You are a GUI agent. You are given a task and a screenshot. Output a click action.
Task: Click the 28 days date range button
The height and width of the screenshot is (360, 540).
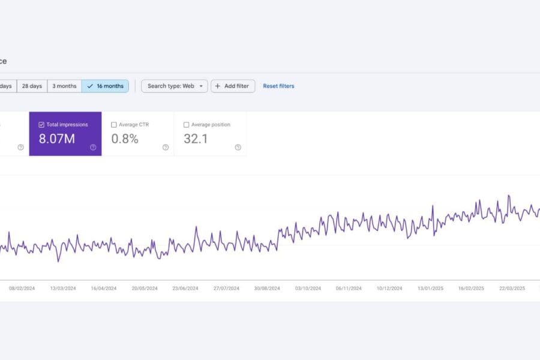pyautogui.click(x=32, y=86)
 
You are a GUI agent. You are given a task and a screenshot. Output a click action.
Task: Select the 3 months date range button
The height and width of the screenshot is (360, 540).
pyautogui.click(x=64, y=86)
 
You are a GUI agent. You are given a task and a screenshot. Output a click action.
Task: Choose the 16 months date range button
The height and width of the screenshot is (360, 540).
pyautogui.click(x=105, y=86)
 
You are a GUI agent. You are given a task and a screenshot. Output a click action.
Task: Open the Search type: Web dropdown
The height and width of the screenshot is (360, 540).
pyautogui.click(x=175, y=86)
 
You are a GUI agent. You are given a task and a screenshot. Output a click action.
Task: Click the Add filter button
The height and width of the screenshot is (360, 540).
pyautogui.click(x=233, y=86)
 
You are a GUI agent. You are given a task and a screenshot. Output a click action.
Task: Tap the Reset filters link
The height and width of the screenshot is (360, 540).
pyautogui.click(x=278, y=86)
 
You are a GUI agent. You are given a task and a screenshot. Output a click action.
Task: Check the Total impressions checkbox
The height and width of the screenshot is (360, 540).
pyautogui.click(x=41, y=125)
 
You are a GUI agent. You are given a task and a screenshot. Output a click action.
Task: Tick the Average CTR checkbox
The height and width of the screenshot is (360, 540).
pyautogui.click(x=114, y=125)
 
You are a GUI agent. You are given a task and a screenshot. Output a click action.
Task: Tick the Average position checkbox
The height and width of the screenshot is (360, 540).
pyautogui.click(x=186, y=125)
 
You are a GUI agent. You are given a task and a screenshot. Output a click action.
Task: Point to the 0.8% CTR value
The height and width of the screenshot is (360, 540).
pyautogui.click(x=125, y=139)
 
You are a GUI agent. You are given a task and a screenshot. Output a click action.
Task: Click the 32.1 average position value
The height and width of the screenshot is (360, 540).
pyautogui.click(x=196, y=139)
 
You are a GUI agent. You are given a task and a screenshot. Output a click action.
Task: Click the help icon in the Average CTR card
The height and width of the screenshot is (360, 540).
pyautogui.click(x=166, y=147)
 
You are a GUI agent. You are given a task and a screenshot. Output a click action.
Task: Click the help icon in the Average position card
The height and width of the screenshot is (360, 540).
pyautogui.click(x=238, y=147)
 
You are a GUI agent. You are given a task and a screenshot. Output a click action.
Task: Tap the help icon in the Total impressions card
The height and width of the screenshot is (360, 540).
pyautogui.click(x=93, y=147)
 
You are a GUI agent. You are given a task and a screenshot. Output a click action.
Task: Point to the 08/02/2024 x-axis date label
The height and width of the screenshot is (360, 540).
pyautogui.click(x=22, y=288)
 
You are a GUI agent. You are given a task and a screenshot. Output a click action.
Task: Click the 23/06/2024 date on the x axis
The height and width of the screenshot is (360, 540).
pyautogui.click(x=185, y=288)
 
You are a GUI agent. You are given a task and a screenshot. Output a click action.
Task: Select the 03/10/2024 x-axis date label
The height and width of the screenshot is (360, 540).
pyautogui.click(x=308, y=288)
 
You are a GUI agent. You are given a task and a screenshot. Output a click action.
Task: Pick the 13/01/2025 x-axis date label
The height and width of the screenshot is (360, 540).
pyautogui.click(x=430, y=288)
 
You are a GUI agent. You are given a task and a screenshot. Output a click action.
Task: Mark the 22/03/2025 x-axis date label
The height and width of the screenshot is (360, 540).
pyautogui.click(x=512, y=288)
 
